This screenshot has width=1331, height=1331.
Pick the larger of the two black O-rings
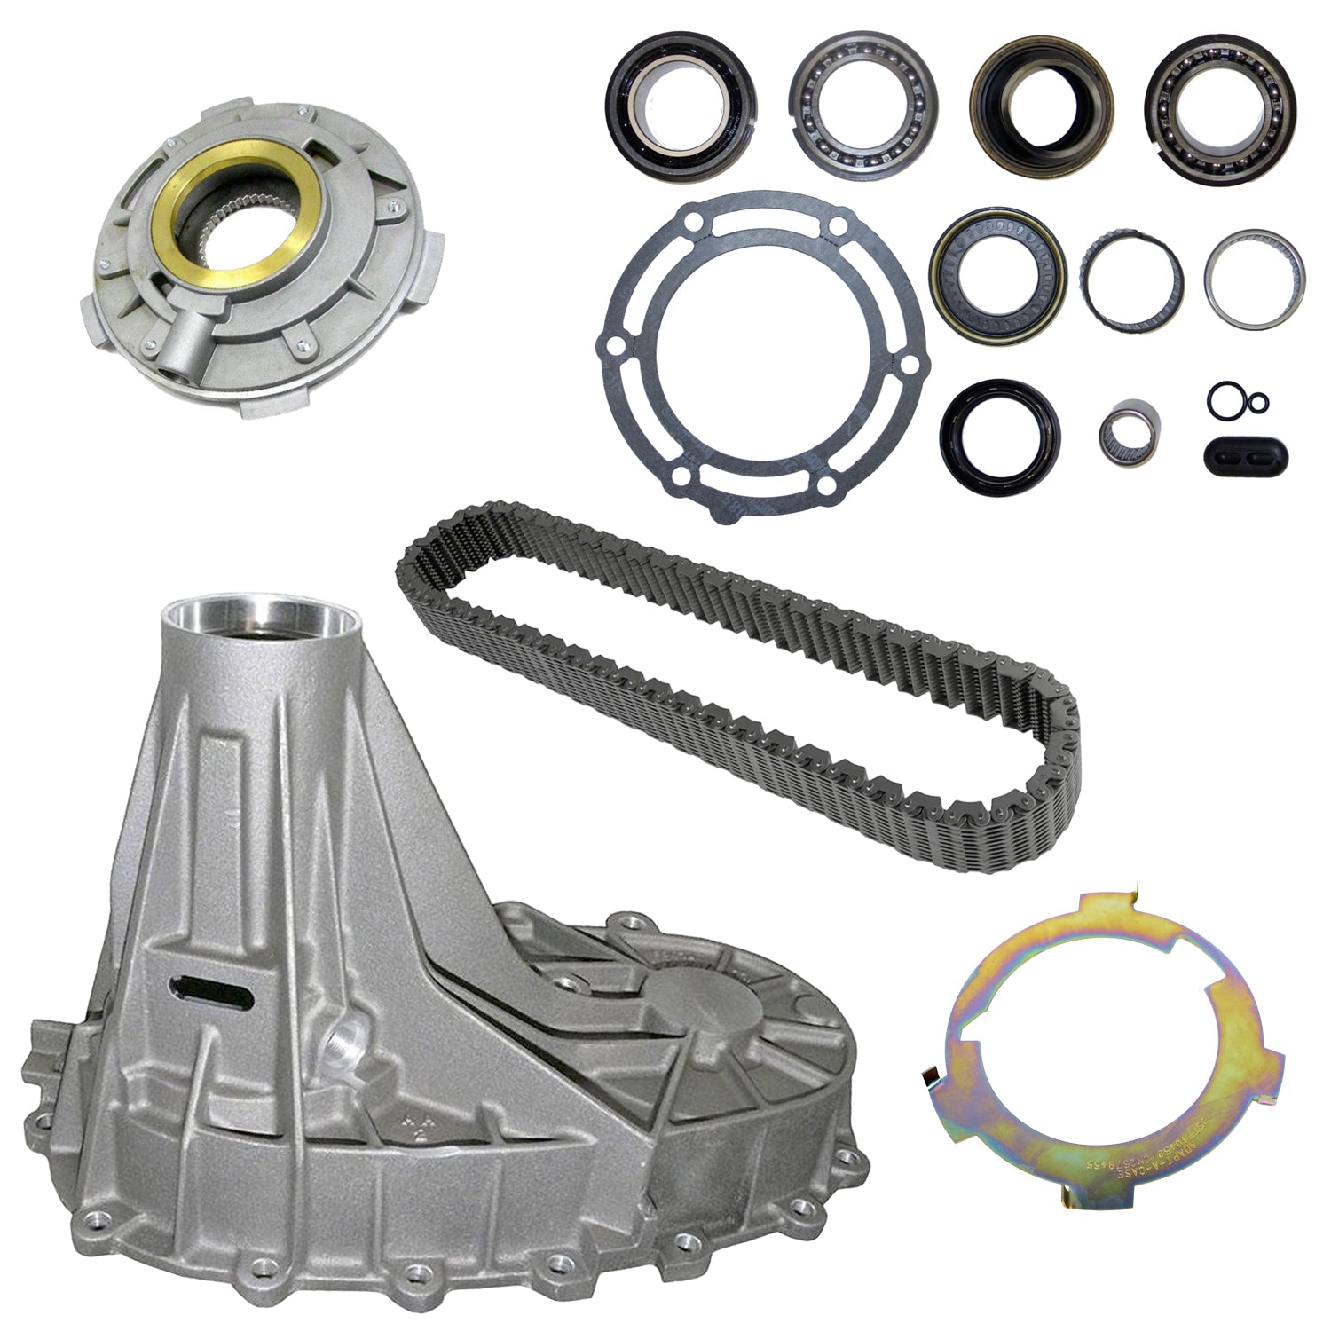click(x=1225, y=396)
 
